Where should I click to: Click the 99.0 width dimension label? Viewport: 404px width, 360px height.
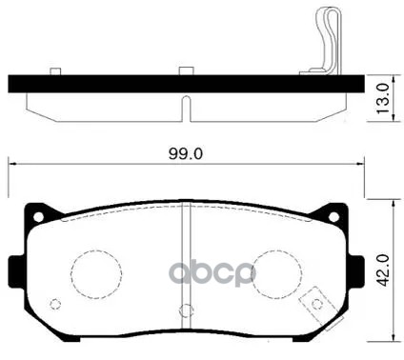coord(186,154)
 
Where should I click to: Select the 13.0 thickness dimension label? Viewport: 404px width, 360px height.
coord(382,98)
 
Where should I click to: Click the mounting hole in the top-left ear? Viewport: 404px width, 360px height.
coord(38,217)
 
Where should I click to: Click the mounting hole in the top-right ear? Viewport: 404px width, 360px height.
coord(333,217)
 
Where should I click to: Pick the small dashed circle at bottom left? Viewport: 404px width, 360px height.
coord(55,304)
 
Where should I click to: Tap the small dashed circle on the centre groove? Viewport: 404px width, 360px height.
coord(186,310)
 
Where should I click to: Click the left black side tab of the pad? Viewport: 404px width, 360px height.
coord(16,271)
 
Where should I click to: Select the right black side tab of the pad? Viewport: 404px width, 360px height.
coord(356,271)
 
